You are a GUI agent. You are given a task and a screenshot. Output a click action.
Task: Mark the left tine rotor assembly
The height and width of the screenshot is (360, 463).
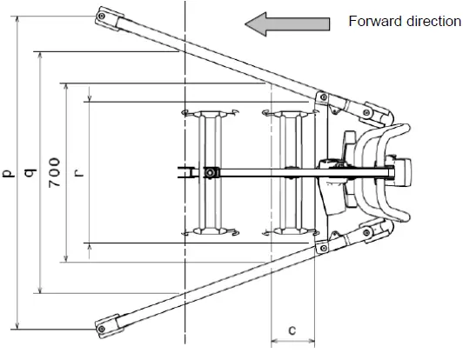click(x=210, y=172)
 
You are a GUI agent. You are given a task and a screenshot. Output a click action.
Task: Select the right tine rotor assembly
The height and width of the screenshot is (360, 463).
click(x=287, y=172)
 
